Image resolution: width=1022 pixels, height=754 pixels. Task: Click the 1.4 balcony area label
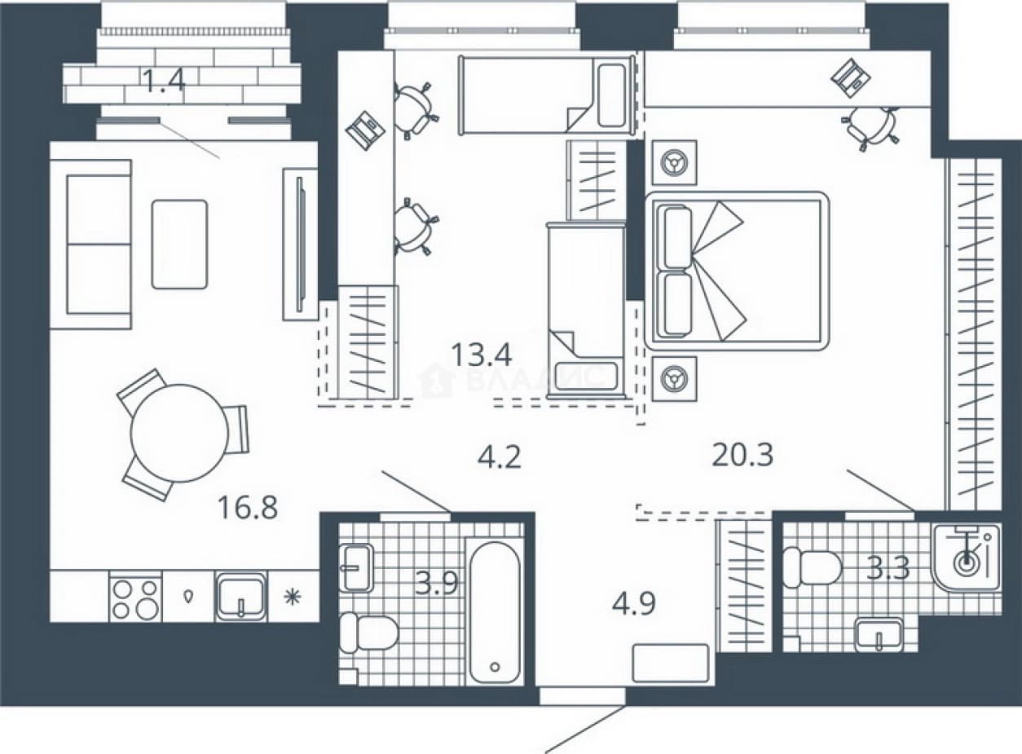163,81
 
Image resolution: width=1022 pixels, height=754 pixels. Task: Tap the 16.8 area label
248,508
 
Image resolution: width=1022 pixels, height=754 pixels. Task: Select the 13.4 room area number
482,355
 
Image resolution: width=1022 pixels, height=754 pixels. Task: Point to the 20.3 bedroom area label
742,455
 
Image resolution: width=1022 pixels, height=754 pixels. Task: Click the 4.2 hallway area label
499,457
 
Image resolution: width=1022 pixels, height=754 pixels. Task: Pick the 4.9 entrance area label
634,603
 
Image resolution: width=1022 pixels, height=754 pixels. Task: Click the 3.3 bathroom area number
888,569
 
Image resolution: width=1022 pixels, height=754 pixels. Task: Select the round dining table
179,433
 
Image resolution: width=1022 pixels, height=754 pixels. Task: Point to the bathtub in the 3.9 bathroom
495,612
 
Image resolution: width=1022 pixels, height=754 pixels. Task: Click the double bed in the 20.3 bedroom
737,271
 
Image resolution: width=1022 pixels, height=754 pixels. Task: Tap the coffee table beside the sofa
180,245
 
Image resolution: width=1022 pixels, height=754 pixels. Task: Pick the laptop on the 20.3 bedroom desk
850,77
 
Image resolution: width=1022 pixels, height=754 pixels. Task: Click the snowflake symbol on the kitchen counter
293,597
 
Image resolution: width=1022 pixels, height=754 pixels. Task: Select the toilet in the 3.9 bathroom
369,633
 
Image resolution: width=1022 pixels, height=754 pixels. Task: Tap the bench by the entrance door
670,664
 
